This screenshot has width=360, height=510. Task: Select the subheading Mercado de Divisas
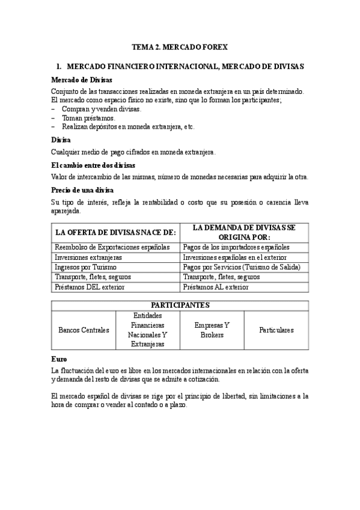[81, 80]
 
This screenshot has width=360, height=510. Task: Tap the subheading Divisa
[61, 140]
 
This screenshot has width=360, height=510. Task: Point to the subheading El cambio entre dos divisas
[93, 164]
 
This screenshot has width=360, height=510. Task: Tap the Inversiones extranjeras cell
[88, 257]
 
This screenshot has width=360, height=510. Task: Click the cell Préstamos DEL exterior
[90, 287]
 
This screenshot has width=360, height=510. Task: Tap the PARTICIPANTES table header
[180, 304]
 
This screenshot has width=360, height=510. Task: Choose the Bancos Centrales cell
[84, 330]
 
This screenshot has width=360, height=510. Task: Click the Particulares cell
[276, 330]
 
